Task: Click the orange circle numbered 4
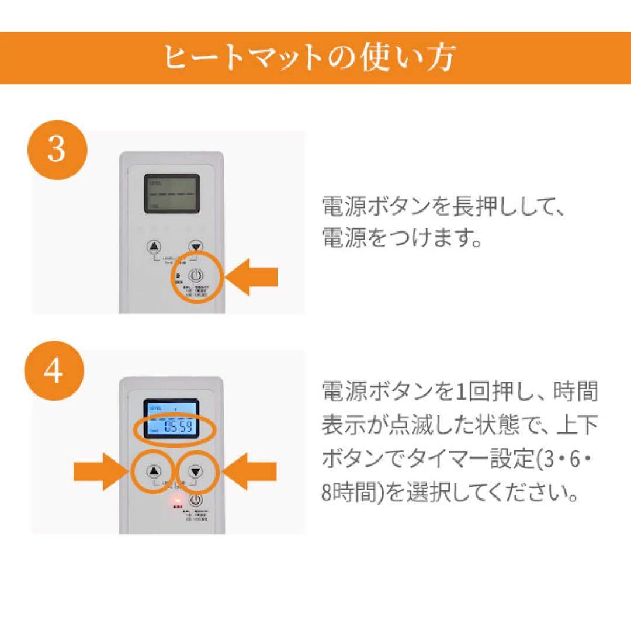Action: pyautogui.click(x=54, y=370)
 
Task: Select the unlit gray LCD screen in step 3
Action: pyautogui.click(x=172, y=193)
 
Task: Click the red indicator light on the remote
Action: pyautogui.click(x=176, y=501)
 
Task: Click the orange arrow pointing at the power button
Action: pyautogui.click(x=252, y=278)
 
